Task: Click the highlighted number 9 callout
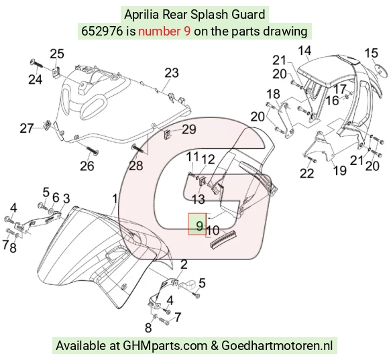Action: tap(199, 226)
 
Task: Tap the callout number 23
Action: tap(172, 73)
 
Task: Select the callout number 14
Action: tap(304, 50)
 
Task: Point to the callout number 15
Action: tap(371, 53)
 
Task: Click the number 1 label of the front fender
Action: tap(115, 199)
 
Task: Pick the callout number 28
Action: tap(136, 166)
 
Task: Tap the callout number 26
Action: tap(87, 166)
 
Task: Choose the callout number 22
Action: tap(307, 173)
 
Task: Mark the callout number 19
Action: tap(340, 170)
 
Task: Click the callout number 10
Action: tap(213, 231)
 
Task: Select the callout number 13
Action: tap(199, 199)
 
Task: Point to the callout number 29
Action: tap(189, 129)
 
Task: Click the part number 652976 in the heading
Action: tap(102, 32)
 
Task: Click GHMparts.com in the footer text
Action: tap(165, 345)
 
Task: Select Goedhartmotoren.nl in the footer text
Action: tap(276, 345)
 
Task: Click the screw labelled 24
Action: tap(36, 64)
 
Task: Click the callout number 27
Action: tap(27, 129)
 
